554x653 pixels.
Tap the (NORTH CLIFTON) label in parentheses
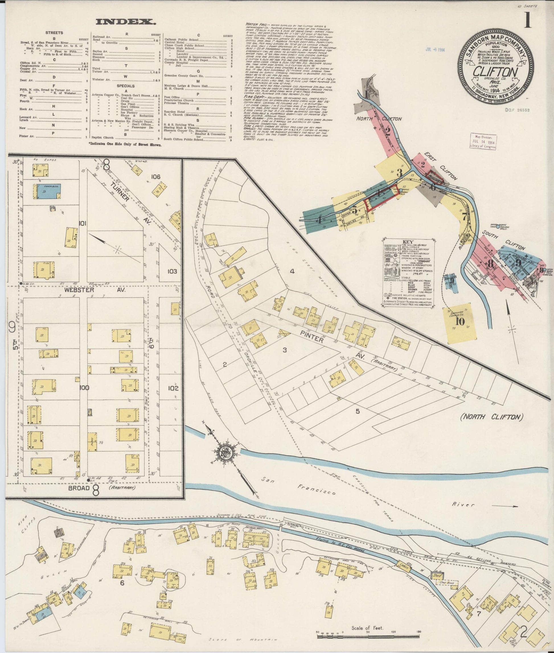coord(491,417)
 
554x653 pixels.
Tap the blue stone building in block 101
coord(47,191)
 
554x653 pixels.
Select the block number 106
coord(155,177)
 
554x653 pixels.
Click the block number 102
coord(173,388)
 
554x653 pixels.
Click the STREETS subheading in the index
coord(54,33)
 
